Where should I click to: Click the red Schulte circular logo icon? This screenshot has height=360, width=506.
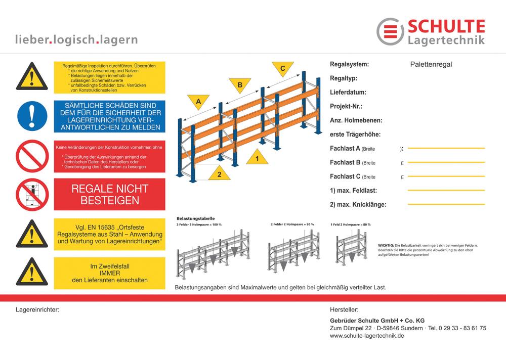click(390, 31)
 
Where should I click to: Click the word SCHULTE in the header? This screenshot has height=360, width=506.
click(446, 26)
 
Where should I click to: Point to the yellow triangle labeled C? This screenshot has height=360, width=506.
click(282, 68)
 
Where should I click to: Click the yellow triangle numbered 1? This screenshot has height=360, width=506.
click(258, 158)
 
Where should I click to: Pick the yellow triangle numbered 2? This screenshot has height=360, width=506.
click(219, 173)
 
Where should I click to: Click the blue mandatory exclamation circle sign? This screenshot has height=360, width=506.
click(32, 116)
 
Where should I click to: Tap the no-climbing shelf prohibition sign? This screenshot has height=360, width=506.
click(32, 195)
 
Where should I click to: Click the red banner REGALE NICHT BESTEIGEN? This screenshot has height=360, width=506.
click(110, 195)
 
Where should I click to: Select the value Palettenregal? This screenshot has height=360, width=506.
click(431, 64)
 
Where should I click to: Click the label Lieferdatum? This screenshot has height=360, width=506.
click(348, 93)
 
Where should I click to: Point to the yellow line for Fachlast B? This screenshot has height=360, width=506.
click(446, 162)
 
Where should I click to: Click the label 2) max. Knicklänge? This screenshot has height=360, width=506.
click(358, 205)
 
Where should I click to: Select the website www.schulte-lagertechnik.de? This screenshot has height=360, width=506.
click(366, 336)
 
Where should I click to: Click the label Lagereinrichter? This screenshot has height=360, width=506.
click(37, 309)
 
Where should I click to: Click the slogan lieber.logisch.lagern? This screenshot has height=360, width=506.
click(76, 39)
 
